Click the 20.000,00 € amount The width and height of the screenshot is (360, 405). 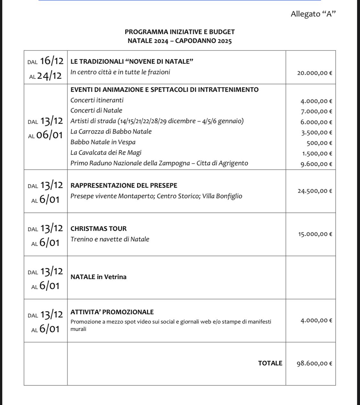(x=315, y=73)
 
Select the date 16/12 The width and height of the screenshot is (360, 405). (x=52, y=61)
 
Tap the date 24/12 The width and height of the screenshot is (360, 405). (x=50, y=76)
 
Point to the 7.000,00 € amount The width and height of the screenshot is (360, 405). (x=316, y=112)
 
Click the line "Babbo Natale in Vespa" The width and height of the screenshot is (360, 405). (x=103, y=142)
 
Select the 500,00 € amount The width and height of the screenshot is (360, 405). (x=319, y=143)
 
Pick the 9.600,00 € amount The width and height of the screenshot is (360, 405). (x=316, y=164)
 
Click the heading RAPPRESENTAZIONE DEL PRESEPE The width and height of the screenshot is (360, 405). (x=124, y=186)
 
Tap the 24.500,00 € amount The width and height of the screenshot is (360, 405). (x=315, y=191)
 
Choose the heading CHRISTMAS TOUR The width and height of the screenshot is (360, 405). (x=99, y=229)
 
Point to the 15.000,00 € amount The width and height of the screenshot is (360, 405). (x=315, y=234)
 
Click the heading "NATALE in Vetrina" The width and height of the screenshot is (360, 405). (x=99, y=277)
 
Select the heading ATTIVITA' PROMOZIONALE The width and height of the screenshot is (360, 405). (x=112, y=312)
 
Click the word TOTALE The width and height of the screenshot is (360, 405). (x=270, y=363)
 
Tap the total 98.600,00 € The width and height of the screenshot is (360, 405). (x=314, y=363)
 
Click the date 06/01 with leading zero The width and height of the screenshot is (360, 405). (x=50, y=135)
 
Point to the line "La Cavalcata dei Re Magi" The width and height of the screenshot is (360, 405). (x=106, y=153)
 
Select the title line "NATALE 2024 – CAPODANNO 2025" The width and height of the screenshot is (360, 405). (x=180, y=41)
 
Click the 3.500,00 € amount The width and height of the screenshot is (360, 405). (x=316, y=133)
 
